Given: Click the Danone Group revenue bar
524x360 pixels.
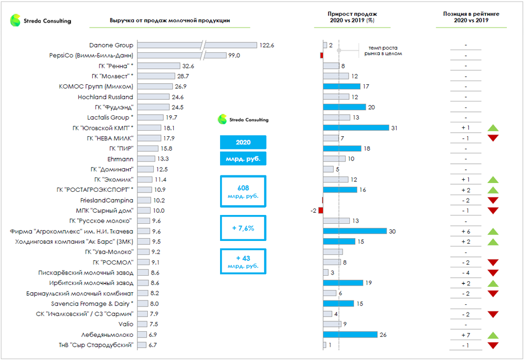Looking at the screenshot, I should coord(196,45).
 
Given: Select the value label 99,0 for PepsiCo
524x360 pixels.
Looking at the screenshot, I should coord(234,56).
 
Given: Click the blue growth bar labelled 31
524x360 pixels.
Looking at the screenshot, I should coord(356,128).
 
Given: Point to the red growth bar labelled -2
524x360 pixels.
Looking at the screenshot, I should coord(320,211).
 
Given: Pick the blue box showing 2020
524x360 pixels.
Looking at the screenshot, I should coord(243,142).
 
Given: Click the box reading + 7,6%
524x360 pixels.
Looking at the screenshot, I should coord(243,228).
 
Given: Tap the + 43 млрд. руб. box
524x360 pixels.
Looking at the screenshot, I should coord(243,261).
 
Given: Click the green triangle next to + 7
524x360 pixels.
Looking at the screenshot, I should coord(493,335).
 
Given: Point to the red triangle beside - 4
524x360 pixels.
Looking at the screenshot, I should coord(493,273).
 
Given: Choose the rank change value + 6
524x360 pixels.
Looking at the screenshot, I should coord(466,232).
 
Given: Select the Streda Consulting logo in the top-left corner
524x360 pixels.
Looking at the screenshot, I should coord(40,21).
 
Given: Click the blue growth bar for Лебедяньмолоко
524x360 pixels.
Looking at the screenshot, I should coord(350,335).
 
